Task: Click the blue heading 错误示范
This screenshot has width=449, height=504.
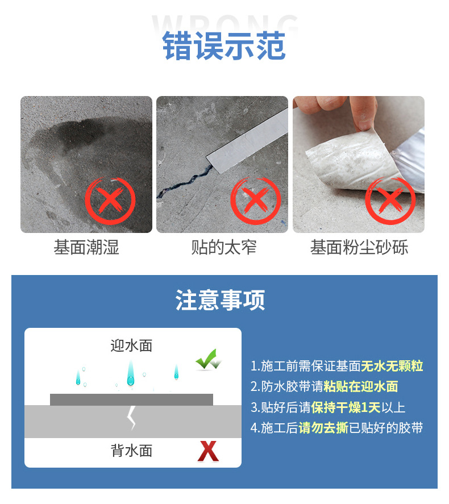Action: click(224, 47)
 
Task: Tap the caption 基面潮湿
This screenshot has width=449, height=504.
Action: click(86, 247)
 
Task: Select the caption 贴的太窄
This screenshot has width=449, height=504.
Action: click(224, 247)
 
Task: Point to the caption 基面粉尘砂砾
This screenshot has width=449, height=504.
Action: click(359, 247)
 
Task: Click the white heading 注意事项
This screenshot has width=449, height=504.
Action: click(221, 300)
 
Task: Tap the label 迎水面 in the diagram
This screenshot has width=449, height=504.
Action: click(132, 345)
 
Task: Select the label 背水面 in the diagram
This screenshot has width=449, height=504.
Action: click(132, 451)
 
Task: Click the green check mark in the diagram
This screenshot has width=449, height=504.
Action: click(207, 360)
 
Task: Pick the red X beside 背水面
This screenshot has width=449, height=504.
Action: click(208, 452)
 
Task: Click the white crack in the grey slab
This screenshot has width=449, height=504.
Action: click(131, 417)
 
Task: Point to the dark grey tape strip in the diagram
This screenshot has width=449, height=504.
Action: click(131, 399)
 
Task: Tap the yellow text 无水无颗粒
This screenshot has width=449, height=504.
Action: click(392, 366)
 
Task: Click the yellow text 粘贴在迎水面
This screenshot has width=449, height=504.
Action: click(361, 387)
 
